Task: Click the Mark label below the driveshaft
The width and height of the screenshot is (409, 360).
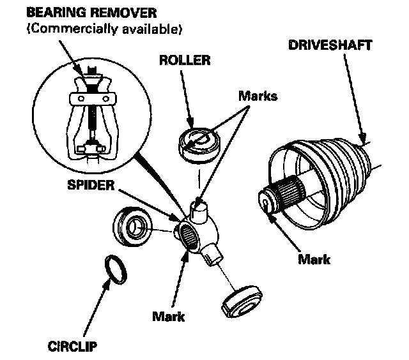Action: click(314, 259)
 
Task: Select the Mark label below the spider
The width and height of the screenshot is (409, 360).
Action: click(168, 315)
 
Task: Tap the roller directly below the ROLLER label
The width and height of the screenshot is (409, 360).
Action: click(197, 141)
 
